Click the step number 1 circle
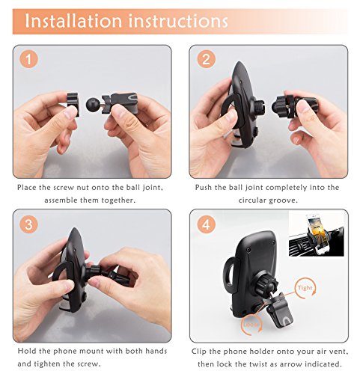(x=28, y=60)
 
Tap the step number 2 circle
(x=206, y=59)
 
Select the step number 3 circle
(x=28, y=224)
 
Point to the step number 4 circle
(x=206, y=224)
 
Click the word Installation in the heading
(x=73, y=21)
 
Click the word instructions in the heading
(x=178, y=21)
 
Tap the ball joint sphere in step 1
(x=93, y=105)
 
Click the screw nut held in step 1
(x=73, y=103)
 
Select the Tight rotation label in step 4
(x=305, y=288)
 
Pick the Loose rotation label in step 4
(x=251, y=325)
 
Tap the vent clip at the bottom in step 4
(x=278, y=311)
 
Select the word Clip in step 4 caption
(x=199, y=352)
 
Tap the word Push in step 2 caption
(x=204, y=187)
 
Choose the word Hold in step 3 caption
(x=27, y=351)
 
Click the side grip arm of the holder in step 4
(x=231, y=275)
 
